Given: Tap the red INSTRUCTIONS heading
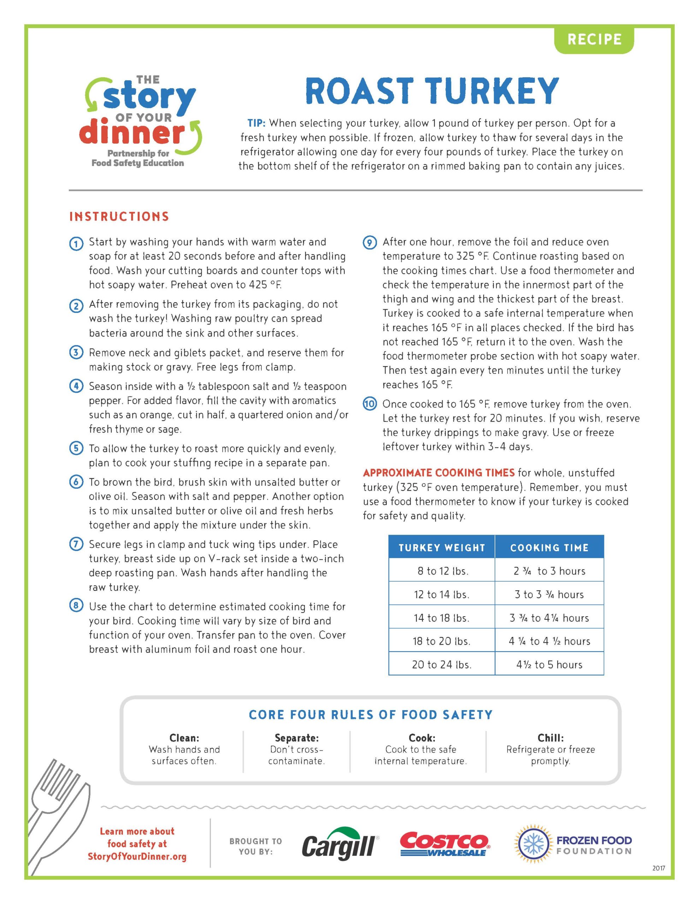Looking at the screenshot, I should [x=119, y=216].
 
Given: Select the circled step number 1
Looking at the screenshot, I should [x=76, y=244].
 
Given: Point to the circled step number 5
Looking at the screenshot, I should [x=76, y=449].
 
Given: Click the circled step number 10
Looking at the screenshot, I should [x=370, y=404].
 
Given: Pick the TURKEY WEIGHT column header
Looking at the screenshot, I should [x=442, y=548].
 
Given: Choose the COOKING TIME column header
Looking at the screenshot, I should [x=549, y=548].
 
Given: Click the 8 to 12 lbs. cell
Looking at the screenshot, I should [x=442, y=571].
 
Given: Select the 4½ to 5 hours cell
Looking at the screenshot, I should [x=549, y=665].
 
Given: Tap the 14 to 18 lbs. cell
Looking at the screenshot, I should [x=442, y=618].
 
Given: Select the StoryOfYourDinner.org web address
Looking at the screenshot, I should [x=137, y=856].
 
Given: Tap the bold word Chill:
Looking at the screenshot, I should [x=550, y=738].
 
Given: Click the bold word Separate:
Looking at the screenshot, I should [x=296, y=738].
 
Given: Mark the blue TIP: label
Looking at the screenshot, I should [x=256, y=123].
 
